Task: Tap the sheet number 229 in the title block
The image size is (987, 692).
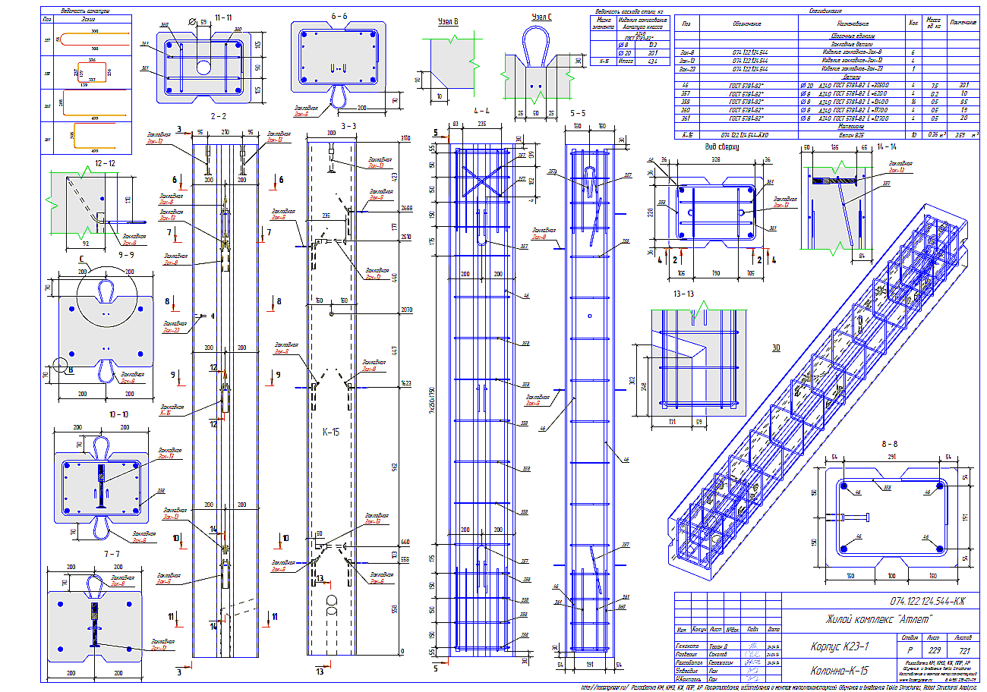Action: tap(933, 650)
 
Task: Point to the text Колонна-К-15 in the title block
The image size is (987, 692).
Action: tap(837, 671)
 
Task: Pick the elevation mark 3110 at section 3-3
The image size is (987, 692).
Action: tap(405, 138)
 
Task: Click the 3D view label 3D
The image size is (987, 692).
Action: tap(777, 348)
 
